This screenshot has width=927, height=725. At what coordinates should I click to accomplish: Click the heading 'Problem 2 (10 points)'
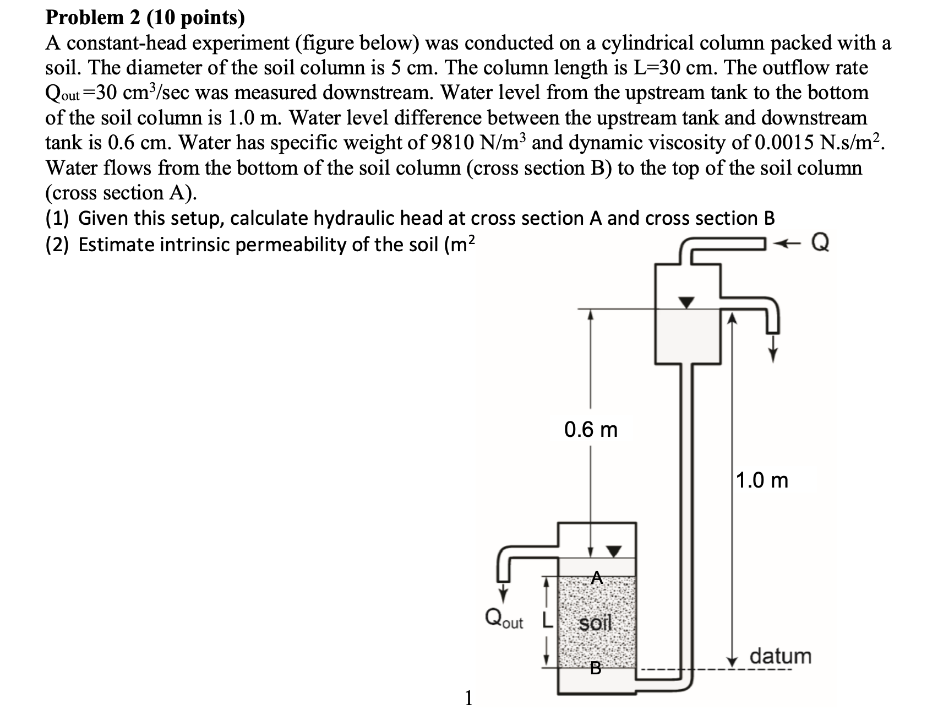coord(145,18)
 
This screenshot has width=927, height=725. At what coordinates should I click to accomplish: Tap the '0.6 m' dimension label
coord(591,429)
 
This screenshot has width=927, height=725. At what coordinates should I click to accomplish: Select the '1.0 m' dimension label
coord(762,480)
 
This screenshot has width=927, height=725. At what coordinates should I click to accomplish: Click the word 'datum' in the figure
coord(781,656)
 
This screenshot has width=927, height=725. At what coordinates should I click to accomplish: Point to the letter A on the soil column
coord(597,577)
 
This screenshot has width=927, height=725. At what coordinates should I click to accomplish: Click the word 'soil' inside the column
coord(596,624)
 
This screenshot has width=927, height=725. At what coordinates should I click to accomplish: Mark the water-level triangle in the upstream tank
coord(686,302)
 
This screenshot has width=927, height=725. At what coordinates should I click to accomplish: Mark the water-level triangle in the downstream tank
coord(614,550)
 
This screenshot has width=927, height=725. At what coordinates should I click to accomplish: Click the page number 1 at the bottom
coord(468,699)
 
